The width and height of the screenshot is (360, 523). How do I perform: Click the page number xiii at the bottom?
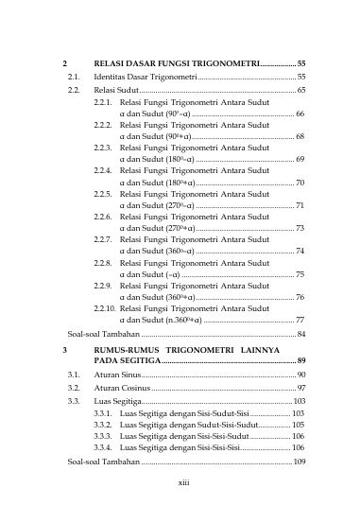coord(184,480)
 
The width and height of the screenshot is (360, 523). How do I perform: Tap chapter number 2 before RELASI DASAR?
coord(63,61)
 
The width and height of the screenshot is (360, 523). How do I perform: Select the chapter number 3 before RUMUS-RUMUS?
coord(63,350)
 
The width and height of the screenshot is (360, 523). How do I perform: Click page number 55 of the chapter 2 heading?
coord(300,61)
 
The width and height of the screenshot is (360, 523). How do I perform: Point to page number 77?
coord(300,321)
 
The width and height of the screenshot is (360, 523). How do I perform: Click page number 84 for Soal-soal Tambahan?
coord(300,334)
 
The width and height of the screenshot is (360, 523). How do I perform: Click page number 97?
coord(300,389)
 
